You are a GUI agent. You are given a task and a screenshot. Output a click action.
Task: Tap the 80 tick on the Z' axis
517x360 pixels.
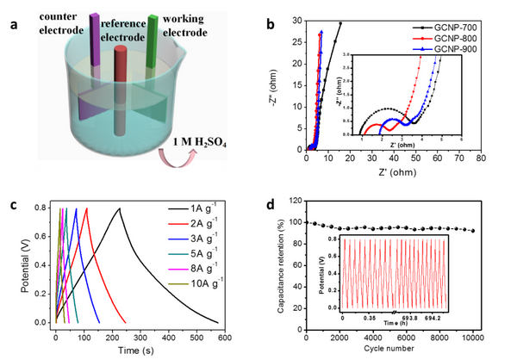(x=482, y=160)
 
